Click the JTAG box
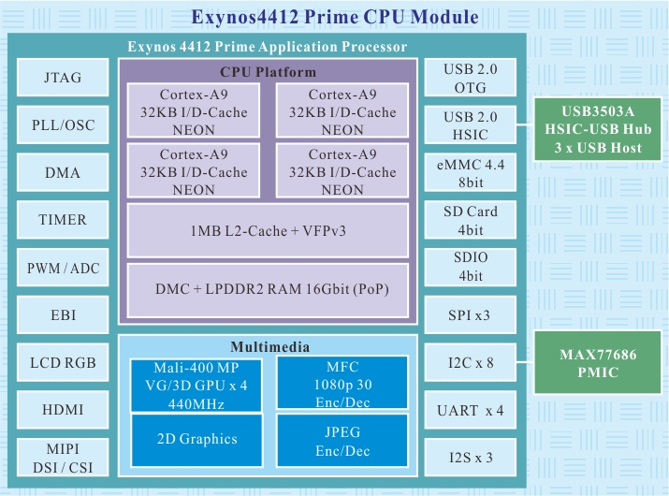pos(63,78)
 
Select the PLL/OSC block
pos(63,124)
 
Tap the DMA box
pos(63,173)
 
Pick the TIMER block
pos(63,220)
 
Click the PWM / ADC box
pos(63,269)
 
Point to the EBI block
pos(63,315)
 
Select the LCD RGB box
pos(63,362)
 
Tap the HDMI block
pos(63,410)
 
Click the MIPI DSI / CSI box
pos(63,458)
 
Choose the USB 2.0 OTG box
pos(470,78)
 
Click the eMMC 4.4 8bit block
pos(470,173)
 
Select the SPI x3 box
pos(470,315)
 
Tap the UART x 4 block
pos(470,410)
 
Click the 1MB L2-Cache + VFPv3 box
pos(267,230)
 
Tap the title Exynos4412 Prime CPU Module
pos(334,17)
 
